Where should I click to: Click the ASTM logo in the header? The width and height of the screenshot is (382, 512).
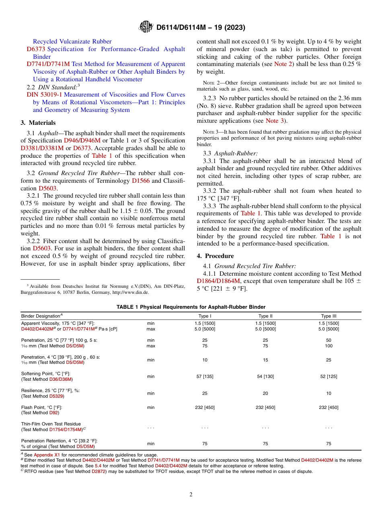[146, 27]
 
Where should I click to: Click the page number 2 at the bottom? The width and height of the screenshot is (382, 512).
[191, 494]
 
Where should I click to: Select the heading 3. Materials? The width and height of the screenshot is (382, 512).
[38, 123]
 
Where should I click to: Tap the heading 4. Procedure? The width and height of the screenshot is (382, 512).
[215, 256]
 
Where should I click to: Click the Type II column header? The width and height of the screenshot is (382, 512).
[265, 316]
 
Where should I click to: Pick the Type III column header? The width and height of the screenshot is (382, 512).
[329, 316]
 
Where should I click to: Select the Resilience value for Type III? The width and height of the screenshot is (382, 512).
[329, 393]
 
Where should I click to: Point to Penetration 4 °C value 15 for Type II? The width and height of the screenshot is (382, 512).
[265, 360]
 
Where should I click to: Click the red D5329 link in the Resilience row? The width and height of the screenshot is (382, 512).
[56, 396]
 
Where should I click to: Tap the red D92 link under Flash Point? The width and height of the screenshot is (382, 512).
[54, 413]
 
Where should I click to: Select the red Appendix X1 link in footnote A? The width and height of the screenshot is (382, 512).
[46, 454]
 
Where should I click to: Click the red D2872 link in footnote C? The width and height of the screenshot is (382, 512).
[99, 471]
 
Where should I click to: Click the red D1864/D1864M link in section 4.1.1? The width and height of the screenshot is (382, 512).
[218, 281]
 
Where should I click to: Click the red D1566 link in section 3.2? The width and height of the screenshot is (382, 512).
[141, 181]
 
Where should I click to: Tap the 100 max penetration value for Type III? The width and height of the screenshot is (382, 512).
[329, 346]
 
